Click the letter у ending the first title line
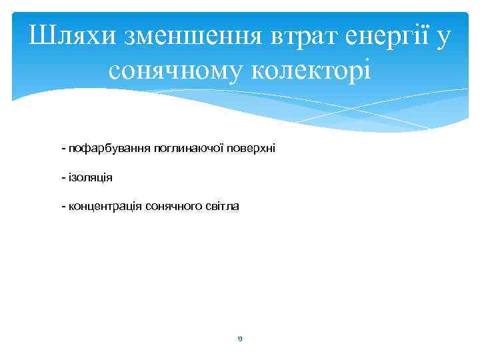click(444, 39)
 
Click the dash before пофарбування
click(62, 147)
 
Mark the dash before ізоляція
click(62, 177)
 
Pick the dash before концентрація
click(62, 207)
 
